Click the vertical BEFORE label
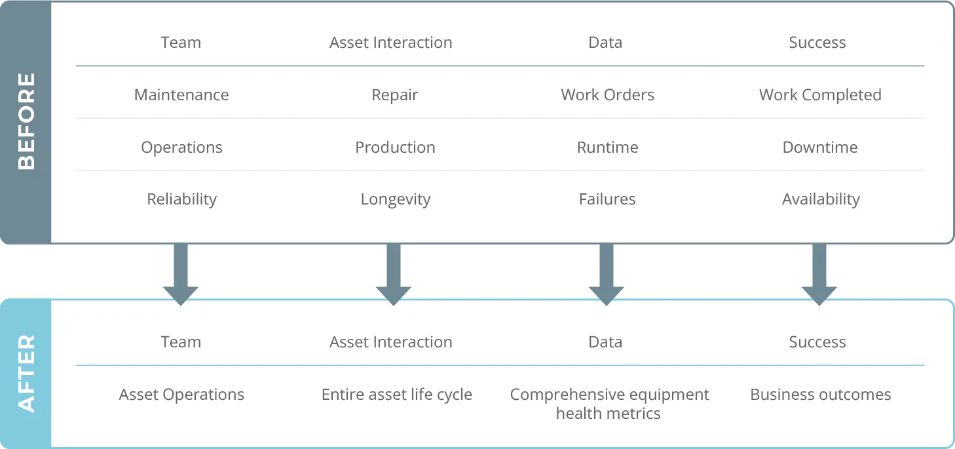[26, 121]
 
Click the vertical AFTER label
[26, 374]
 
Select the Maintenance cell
[181, 95]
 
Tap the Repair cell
[394, 95]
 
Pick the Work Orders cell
[607, 95]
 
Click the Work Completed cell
[820, 95]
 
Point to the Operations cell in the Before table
[181, 147]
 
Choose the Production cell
[395, 147]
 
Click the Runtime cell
[607, 147]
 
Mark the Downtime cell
[820, 147]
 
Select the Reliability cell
[181, 199]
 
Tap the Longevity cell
[395, 199]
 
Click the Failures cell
[607, 199]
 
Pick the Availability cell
[821, 199]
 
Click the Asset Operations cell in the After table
[181, 395]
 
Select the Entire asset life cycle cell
[396, 395]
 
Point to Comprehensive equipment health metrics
[609, 404]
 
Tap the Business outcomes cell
[820, 395]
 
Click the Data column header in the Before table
[605, 43]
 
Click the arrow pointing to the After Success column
[819, 275]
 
